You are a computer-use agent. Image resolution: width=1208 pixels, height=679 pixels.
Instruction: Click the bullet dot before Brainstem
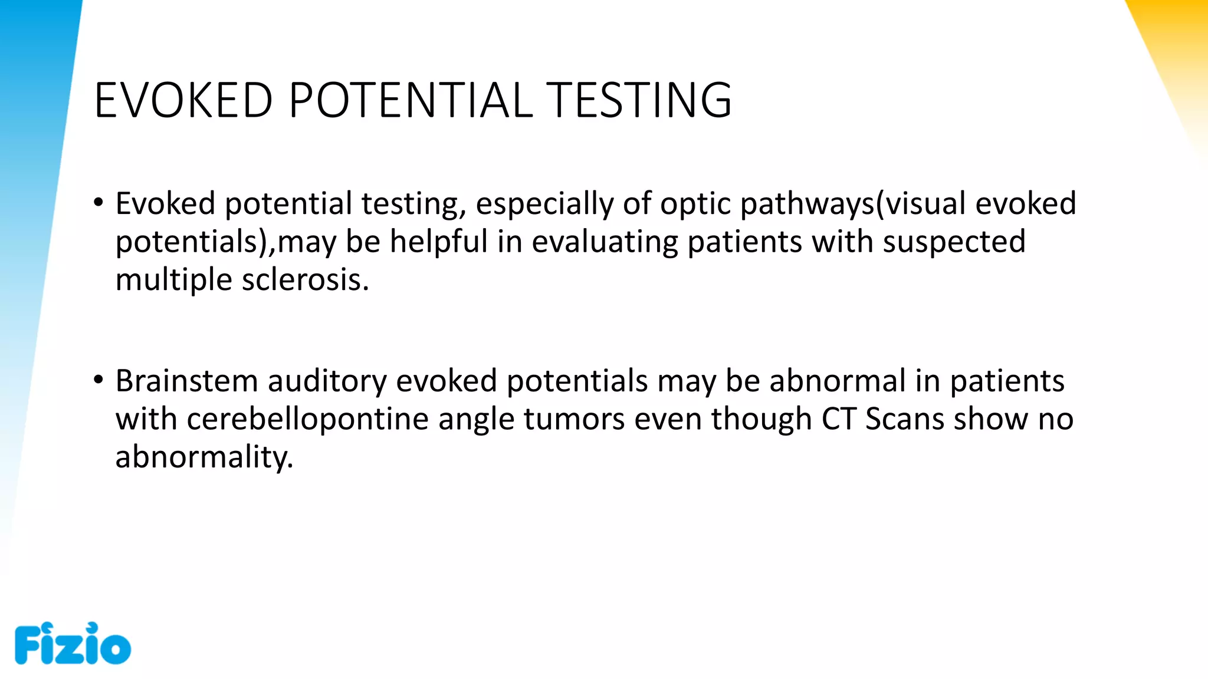coord(99,380)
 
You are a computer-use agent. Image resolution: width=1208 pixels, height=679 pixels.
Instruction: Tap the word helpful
coord(439,242)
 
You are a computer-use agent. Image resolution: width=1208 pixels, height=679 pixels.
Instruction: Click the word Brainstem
coord(186,381)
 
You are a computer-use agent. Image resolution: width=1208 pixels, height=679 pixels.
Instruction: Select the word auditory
coord(327,381)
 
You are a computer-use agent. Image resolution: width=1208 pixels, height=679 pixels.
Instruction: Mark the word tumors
coord(574,419)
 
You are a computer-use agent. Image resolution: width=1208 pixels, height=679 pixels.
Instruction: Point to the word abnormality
coord(204,457)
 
